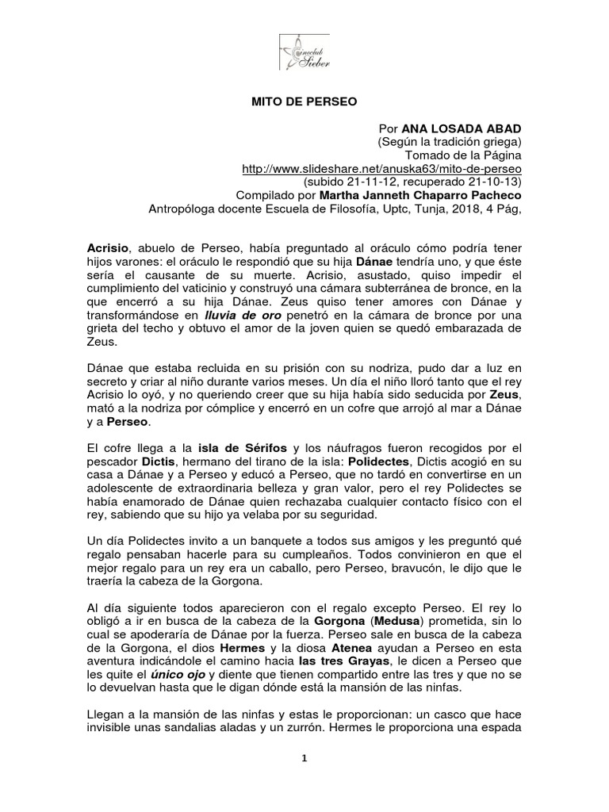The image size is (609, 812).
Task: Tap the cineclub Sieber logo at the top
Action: (304, 50)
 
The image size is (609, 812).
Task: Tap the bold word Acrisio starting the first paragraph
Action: (109, 247)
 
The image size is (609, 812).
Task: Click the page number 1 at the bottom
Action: (304, 779)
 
